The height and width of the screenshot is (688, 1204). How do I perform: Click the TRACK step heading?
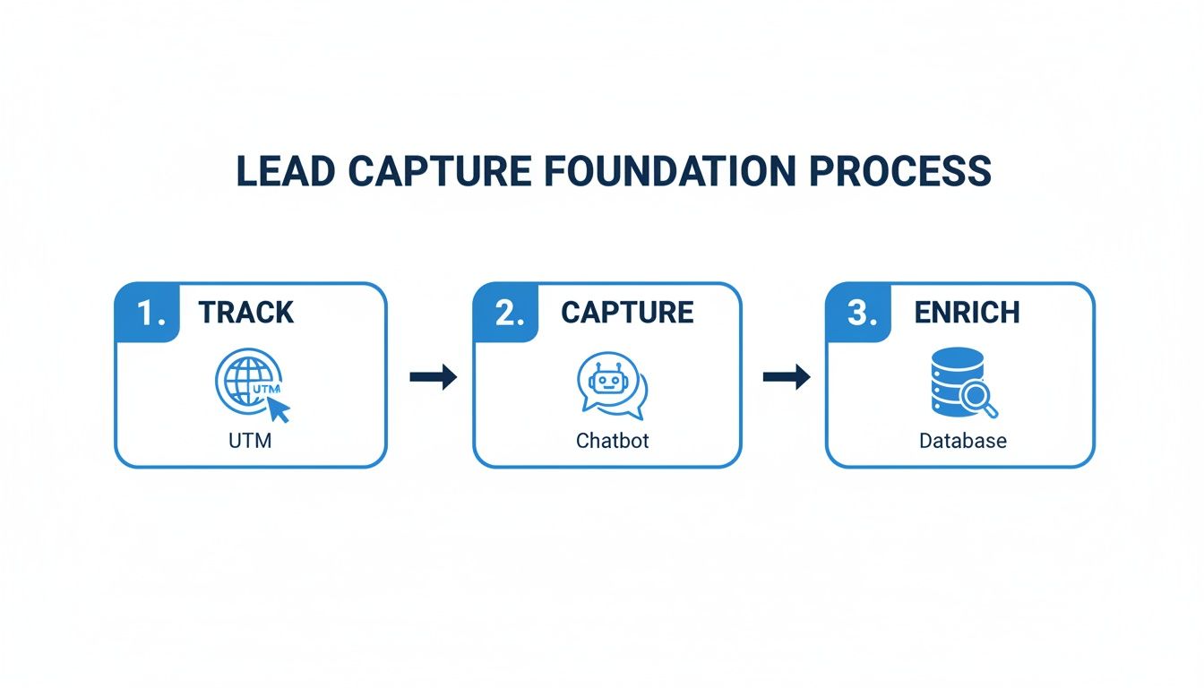pyautogui.click(x=245, y=313)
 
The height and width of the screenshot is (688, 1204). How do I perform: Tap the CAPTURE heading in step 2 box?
pyautogui.click(x=627, y=313)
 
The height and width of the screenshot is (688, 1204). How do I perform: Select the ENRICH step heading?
pyautogui.click(x=967, y=313)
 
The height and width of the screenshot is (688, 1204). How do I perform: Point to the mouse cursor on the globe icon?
pyautogui.click(x=279, y=409)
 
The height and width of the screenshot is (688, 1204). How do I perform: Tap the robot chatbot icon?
pyautogui.click(x=610, y=384)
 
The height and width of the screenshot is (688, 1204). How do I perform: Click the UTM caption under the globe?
pyautogui.click(x=250, y=441)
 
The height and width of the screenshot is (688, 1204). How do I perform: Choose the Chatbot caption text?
pyautogui.click(x=612, y=441)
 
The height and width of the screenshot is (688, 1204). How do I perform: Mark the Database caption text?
pyautogui.click(x=962, y=441)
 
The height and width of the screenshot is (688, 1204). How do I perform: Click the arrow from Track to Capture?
pyautogui.click(x=433, y=377)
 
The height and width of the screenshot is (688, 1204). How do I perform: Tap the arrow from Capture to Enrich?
pyautogui.click(x=786, y=377)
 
